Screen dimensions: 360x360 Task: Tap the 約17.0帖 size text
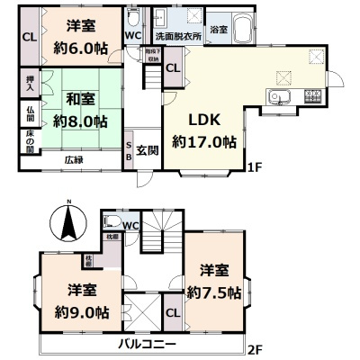tap(205, 141)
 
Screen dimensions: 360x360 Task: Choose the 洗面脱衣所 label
tap(177, 38)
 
